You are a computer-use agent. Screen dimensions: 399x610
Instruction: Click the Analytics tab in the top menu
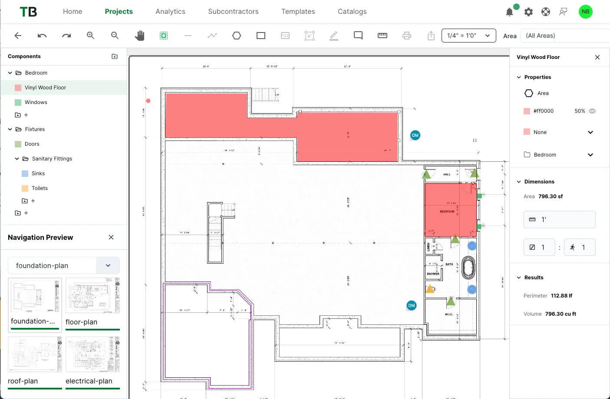[x=170, y=12]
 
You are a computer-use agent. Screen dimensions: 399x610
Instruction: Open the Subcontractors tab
[x=233, y=12]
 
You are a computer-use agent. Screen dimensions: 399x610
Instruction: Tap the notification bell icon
[x=509, y=12]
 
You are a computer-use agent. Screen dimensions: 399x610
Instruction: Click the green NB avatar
[x=585, y=12]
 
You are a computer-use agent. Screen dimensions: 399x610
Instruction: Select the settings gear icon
[x=528, y=12]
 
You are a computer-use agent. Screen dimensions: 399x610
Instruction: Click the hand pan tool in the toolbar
[x=139, y=36]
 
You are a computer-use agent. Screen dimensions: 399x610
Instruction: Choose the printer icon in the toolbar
[x=406, y=36]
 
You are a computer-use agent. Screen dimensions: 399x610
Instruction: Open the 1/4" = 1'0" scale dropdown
[x=468, y=36]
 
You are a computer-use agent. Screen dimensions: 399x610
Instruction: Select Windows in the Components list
[x=36, y=102]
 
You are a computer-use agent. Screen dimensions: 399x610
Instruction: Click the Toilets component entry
[x=40, y=188]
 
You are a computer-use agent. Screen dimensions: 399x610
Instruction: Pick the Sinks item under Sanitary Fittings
[x=38, y=173]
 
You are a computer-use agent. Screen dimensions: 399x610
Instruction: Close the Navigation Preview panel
[x=111, y=237]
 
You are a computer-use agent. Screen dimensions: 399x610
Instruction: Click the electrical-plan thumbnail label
[x=89, y=381]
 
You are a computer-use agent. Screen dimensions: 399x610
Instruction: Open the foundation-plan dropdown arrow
[x=108, y=265]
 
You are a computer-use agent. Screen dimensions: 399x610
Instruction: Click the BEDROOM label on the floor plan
[x=447, y=212]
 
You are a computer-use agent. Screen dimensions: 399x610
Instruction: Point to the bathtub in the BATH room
[x=468, y=268]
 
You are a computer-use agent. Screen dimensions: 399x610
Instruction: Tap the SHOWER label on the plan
[x=433, y=274]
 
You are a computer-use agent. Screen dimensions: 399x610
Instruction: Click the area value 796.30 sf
[x=550, y=196]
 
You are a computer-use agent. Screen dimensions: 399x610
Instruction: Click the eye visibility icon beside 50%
[x=592, y=111]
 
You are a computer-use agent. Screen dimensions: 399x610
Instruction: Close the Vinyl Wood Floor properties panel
[x=597, y=57]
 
